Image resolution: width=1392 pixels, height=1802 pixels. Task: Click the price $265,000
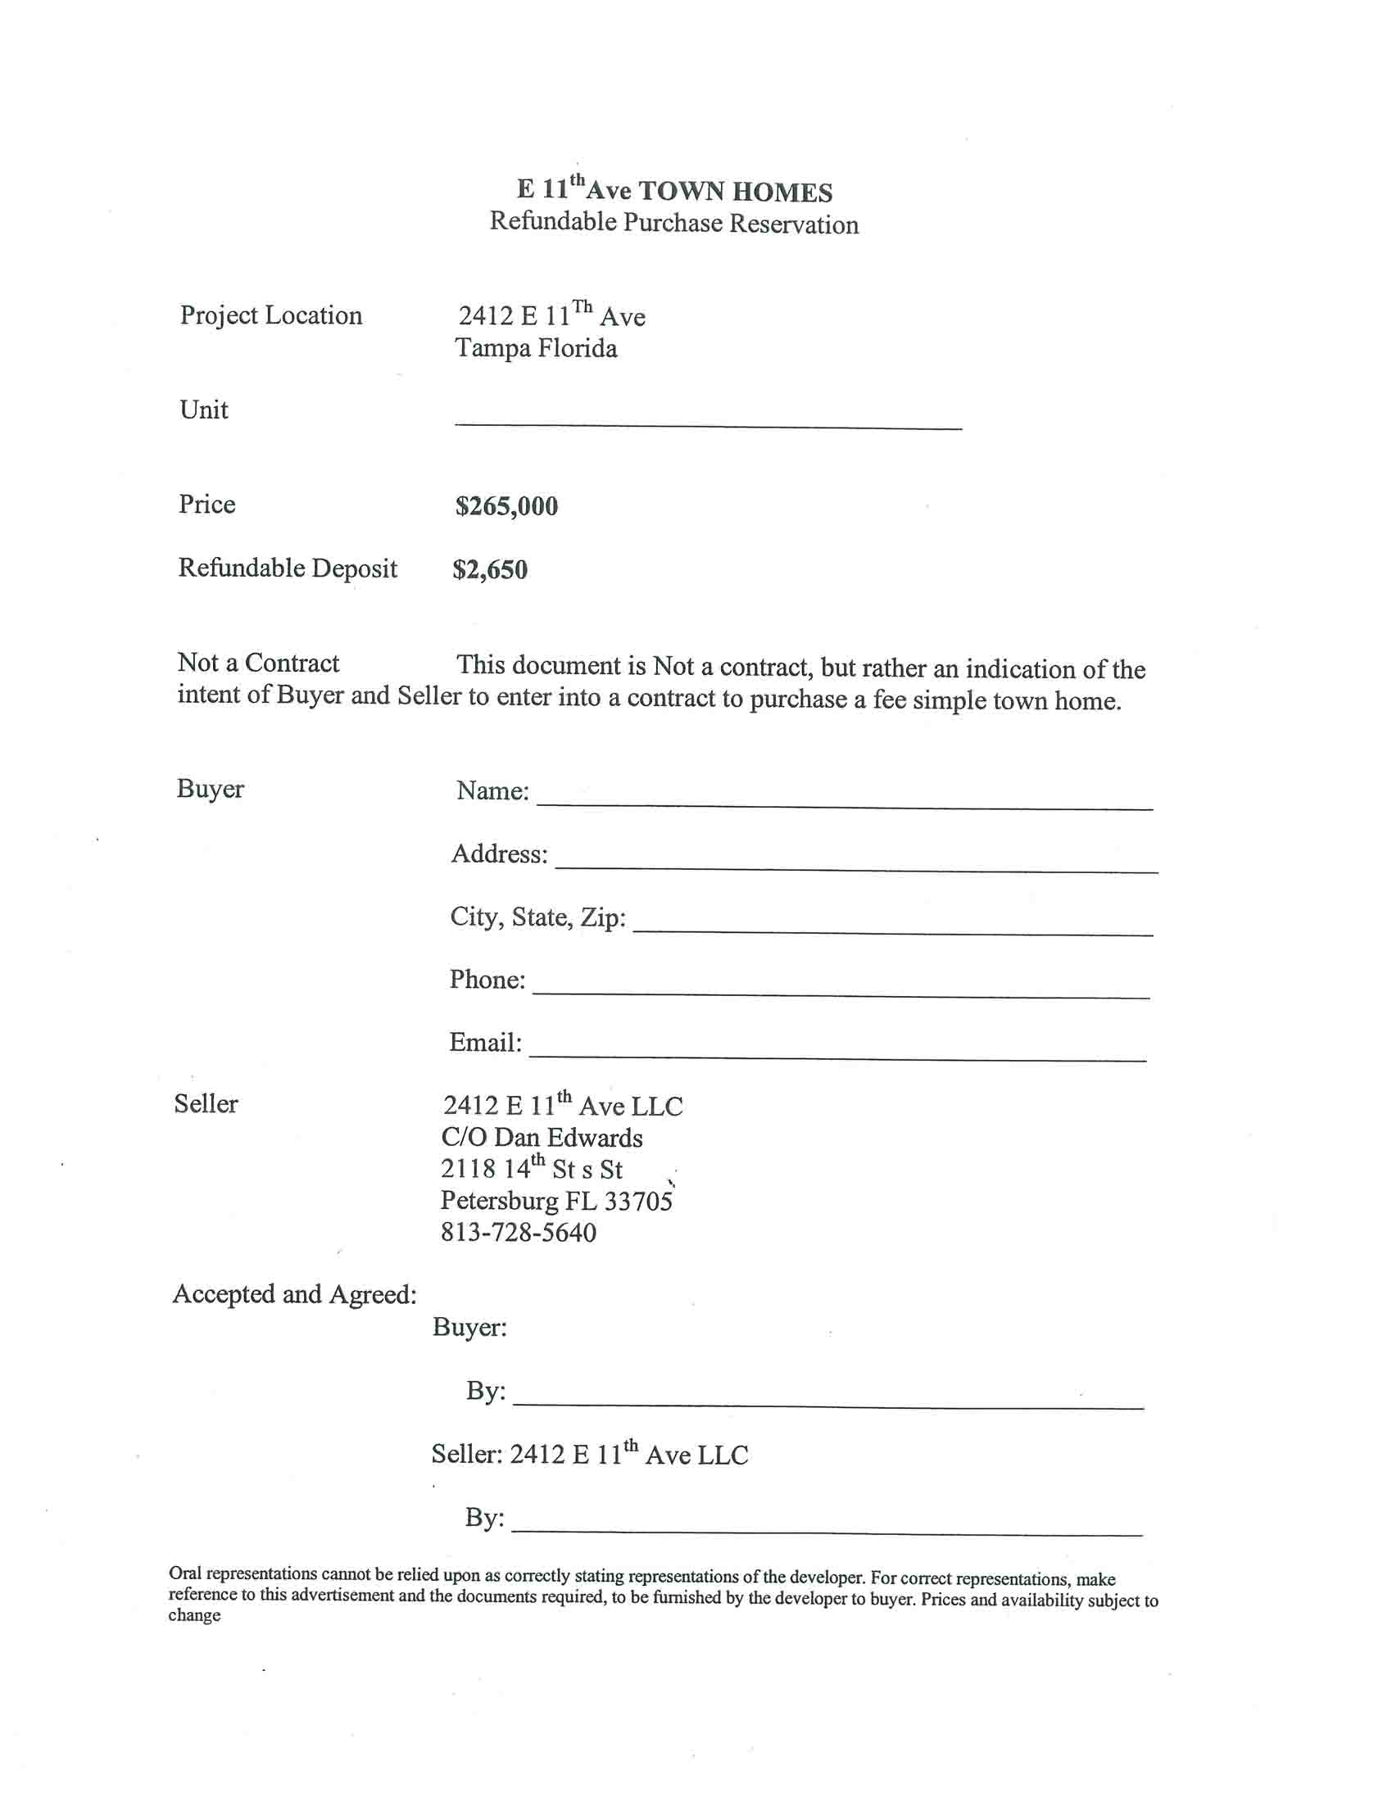click(x=506, y=505)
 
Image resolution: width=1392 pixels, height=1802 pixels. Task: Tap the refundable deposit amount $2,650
click(x=489, y=569)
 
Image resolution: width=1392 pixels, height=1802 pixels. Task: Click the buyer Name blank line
click(x=844, y=804)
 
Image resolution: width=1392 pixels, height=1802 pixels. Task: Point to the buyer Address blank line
click(x=855, y=867)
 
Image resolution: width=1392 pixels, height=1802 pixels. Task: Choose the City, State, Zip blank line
click(x=892, y=930)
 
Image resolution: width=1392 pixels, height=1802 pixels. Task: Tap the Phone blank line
click(x=841, y=993)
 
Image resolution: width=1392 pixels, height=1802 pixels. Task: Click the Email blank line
click(x=837, y=1055)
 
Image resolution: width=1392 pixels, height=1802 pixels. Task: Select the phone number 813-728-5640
click(x=518, y=1233)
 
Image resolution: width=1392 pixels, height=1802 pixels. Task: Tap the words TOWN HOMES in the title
click(x=735, y=192)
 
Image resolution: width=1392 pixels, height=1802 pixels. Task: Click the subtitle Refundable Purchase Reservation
click(x=674, y=223)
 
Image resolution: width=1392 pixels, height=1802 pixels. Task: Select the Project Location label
click(x=270, y=315)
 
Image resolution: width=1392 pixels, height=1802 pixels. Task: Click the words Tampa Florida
click(x=537, y=348)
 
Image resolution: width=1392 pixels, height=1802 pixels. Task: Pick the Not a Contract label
click(x=258, y=663)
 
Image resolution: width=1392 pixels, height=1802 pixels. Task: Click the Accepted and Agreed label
click(x=295, y=1293)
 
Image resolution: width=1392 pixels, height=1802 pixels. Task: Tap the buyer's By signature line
click(x=827, y=1402)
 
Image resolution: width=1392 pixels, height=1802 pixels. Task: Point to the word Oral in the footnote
click(x=185, y=1573)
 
